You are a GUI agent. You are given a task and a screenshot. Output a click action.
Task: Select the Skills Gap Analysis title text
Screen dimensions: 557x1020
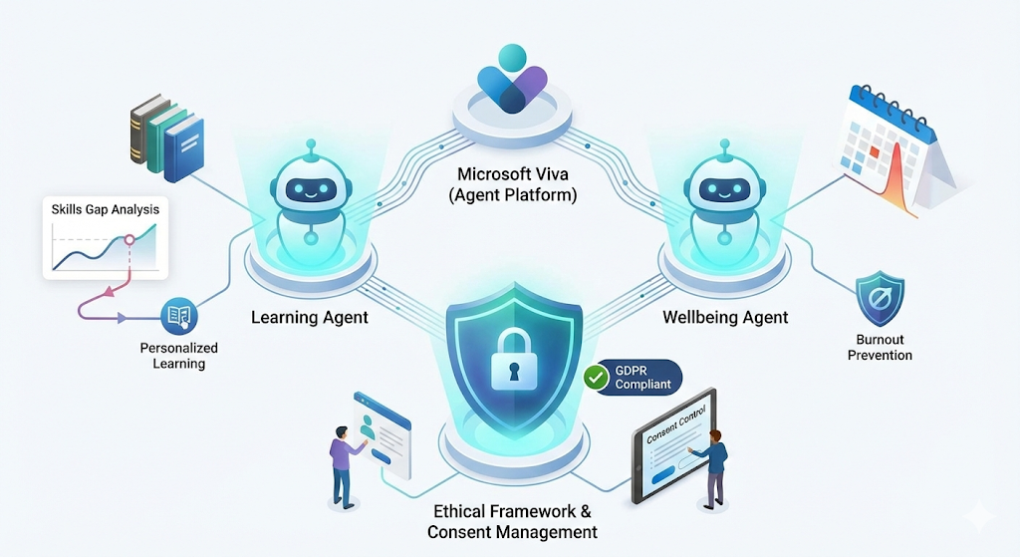[x=105, y=210]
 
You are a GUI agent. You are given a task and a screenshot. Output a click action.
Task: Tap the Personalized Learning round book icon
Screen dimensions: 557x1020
[x=179, y=318]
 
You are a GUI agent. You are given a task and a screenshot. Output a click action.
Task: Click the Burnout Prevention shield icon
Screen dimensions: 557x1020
[x=880, y=298]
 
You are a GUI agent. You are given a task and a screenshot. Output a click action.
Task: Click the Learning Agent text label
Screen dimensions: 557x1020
[x=310, y=318]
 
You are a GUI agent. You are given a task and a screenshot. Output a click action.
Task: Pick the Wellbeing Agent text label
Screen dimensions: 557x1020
[x=725, y=318]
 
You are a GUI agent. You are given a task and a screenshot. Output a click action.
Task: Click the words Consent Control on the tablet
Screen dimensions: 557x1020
[x=676, y=422]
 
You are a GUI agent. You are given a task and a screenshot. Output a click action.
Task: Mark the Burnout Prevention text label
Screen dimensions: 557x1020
[x=880, y=348]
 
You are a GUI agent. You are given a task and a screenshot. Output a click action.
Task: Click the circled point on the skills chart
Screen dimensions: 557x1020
[x=127, y=240]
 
